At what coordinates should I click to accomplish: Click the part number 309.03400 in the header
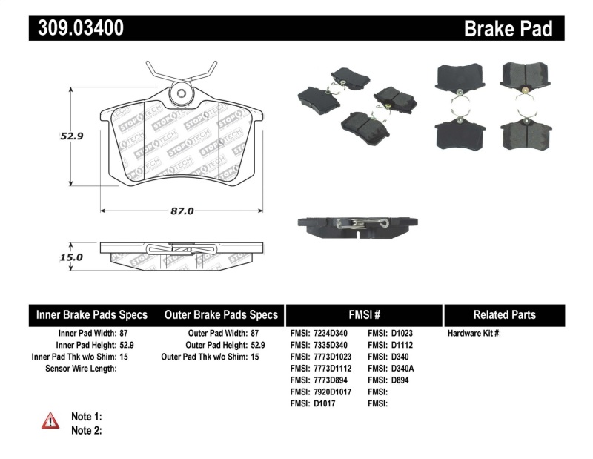click(x=76, y=28)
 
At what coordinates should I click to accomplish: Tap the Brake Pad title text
click(x=508, y=29)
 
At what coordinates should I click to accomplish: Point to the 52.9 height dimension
click(x=70, y=136)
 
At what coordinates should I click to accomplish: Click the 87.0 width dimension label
click(x=182, y=211)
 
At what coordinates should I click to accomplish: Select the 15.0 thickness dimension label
click(x=71, y=257)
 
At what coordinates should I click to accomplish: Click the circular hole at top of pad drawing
click(x=180, y=94)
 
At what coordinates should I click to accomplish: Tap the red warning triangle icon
click(x=50, y=421)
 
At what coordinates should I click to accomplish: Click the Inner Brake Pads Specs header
click(x=92, y=314)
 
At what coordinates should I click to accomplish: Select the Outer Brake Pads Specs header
click(x=221, y=314)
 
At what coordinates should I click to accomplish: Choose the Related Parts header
click(x=504, y=314)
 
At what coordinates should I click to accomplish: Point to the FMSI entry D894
click(x=399, y=380)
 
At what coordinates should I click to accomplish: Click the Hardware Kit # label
click(x=474, y=334)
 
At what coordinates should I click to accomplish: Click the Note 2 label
click(x=86, y=430)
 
